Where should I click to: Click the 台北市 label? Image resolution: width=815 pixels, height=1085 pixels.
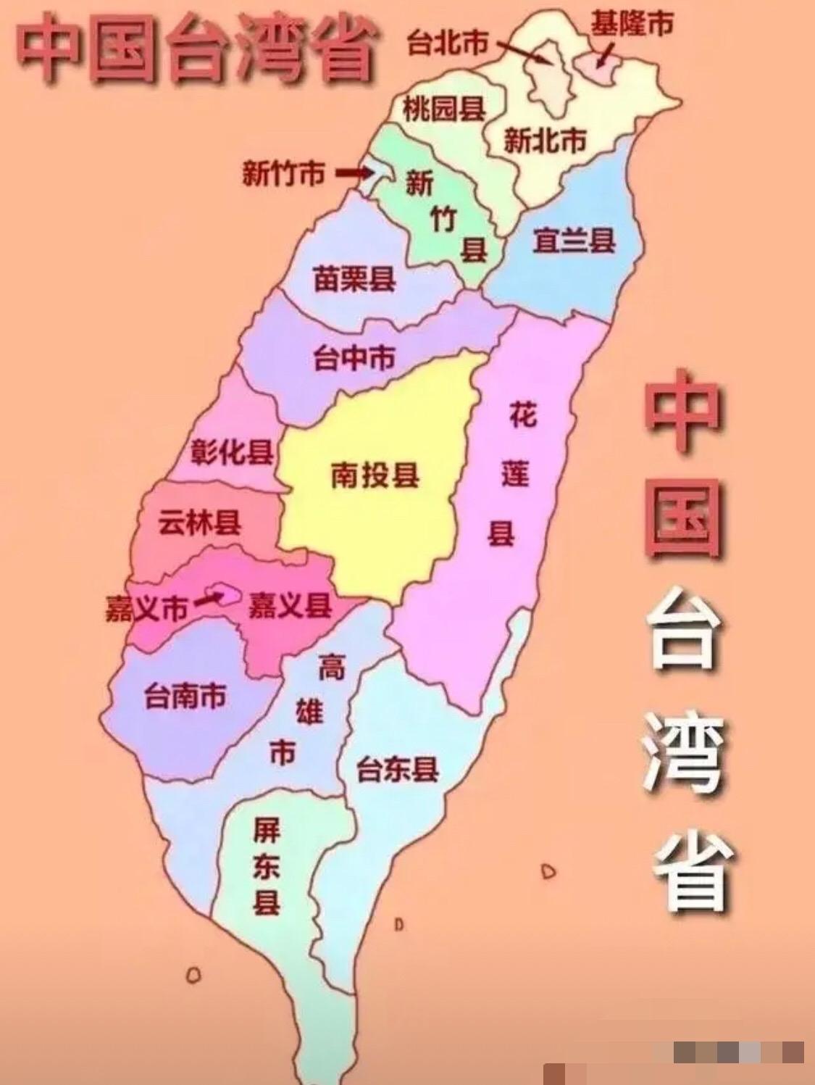[447, 43]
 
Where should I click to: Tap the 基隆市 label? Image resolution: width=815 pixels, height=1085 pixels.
[631, 24]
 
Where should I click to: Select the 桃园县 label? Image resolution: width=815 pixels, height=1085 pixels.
[443, 109]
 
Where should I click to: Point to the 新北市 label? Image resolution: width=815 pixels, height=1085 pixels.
[545, 140]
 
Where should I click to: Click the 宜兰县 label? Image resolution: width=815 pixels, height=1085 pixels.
[574, 240]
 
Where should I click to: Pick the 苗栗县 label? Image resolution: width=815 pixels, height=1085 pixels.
[354, 278]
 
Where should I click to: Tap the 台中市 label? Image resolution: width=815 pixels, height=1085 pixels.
[354, 357]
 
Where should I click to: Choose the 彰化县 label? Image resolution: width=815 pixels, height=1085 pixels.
[232, 452]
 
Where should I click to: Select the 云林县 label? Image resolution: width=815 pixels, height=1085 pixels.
[200, 522]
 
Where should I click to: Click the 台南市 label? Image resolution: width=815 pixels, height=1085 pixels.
[185, 696]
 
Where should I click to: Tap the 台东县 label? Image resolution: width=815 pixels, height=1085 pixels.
[398, 768]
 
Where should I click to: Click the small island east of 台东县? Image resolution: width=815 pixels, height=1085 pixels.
[548, 870]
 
